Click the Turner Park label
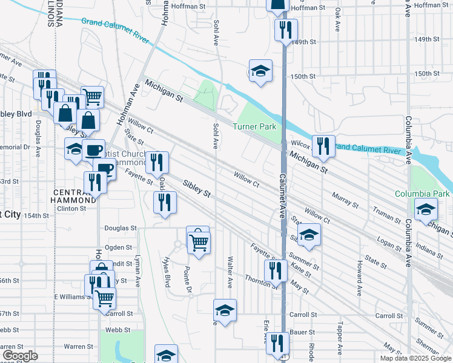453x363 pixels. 255,126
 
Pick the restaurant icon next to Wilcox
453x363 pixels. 323,146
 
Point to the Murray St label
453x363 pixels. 345,200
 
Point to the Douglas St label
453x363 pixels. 121,228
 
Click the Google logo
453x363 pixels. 20,355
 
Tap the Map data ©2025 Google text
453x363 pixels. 415,358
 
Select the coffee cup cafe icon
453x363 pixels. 94,149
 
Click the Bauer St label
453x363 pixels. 303,333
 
